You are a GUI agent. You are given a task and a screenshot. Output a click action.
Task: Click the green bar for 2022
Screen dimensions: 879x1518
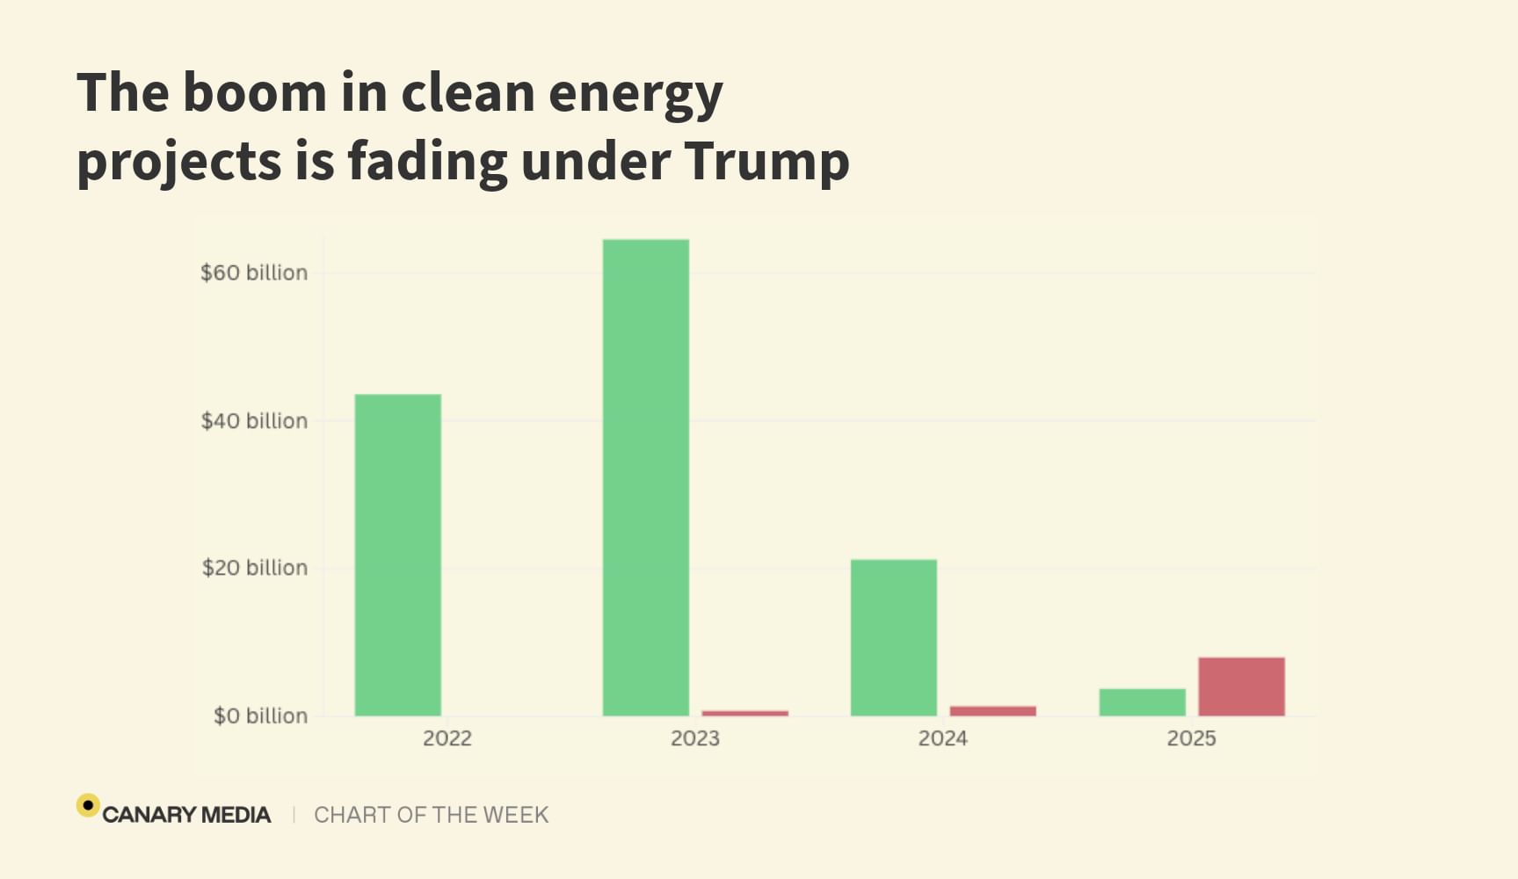click(x=397, y=555)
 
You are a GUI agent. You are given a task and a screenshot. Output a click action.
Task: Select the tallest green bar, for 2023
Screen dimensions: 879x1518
click(x=645, y=477)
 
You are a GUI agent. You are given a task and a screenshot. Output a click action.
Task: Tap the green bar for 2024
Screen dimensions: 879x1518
click(x=893, y=637)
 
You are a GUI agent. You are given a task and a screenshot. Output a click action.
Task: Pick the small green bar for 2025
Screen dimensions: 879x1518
click(x=1142, y=702)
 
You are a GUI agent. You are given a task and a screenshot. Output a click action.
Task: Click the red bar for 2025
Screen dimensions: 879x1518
click(x=1241, y=686)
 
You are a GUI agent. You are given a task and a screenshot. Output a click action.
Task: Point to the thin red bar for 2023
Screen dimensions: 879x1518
click(x=744, y=713)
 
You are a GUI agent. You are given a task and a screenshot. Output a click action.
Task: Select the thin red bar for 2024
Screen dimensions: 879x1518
click(x=992, y=710)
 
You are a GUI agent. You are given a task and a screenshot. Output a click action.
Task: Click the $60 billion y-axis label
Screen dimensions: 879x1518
click(x=254, y=272)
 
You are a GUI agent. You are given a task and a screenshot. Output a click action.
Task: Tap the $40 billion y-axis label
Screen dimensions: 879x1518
click(x=254, y=421)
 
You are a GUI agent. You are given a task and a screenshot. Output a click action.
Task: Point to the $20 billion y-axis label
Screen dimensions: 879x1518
click(x=254, y=568)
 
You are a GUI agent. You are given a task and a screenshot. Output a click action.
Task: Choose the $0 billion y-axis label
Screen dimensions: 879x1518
click(x=260, y=716)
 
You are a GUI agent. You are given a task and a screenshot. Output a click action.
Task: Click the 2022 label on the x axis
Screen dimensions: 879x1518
click(x=447, y=738)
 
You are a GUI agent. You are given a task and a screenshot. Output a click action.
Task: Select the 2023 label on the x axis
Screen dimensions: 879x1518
click(x=694, y=738)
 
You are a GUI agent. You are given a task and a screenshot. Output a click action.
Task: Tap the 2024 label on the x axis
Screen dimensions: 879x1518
click(x=942, y=738)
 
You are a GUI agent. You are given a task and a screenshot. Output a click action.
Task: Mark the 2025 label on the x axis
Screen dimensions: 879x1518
click(x=1191, y=738)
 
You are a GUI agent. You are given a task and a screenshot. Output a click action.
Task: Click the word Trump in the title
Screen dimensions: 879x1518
click(x=766, y=161)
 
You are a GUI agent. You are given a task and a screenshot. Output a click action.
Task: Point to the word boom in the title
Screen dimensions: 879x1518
click(x=254, y=92)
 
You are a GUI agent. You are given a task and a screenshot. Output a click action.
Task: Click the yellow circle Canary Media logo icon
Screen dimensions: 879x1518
click(x=88, y=805)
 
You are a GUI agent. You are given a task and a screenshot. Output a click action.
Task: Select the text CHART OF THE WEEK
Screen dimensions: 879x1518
click(x=431, y=815)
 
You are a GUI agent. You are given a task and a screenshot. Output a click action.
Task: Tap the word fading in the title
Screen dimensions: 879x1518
click(x=426, y=161)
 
